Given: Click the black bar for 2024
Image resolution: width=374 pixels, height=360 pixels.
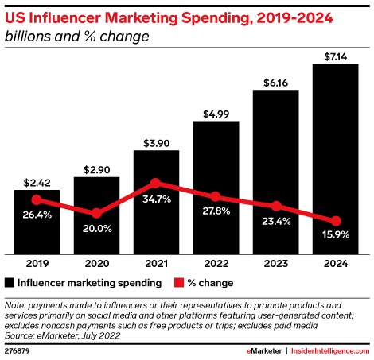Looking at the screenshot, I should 336,159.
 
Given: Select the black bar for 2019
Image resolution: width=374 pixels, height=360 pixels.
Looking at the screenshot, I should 37,223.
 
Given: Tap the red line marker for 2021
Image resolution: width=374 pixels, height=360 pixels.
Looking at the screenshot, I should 156,183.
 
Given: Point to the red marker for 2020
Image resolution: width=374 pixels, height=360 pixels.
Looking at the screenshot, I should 96,213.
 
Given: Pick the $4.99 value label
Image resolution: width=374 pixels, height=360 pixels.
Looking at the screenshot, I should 216,111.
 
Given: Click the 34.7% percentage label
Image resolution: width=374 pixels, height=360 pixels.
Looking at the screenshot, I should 156,199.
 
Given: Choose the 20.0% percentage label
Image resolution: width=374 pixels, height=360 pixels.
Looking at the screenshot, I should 96,229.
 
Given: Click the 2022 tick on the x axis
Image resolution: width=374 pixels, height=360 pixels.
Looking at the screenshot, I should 216,263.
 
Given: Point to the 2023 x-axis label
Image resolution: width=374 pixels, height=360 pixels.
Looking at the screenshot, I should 276,263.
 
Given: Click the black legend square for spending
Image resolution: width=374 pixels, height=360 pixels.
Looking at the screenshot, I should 10,282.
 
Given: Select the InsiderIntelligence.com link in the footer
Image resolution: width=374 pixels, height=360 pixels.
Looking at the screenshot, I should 328,350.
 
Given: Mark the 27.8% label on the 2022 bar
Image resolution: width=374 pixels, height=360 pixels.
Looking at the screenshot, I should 216,212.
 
